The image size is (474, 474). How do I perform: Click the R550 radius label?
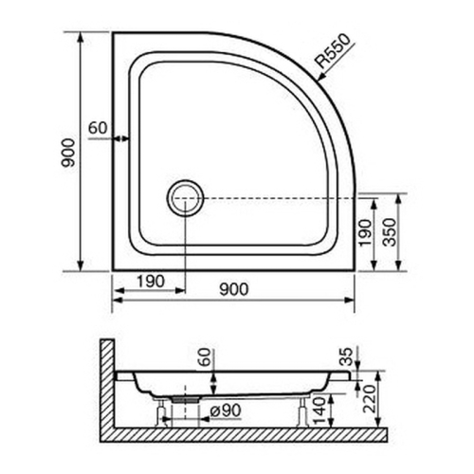click(334, 54)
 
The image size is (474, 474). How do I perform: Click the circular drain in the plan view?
click(184, 199)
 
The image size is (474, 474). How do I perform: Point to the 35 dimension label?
click(347, 358)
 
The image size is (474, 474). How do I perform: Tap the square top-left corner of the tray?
click(116, 34)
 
